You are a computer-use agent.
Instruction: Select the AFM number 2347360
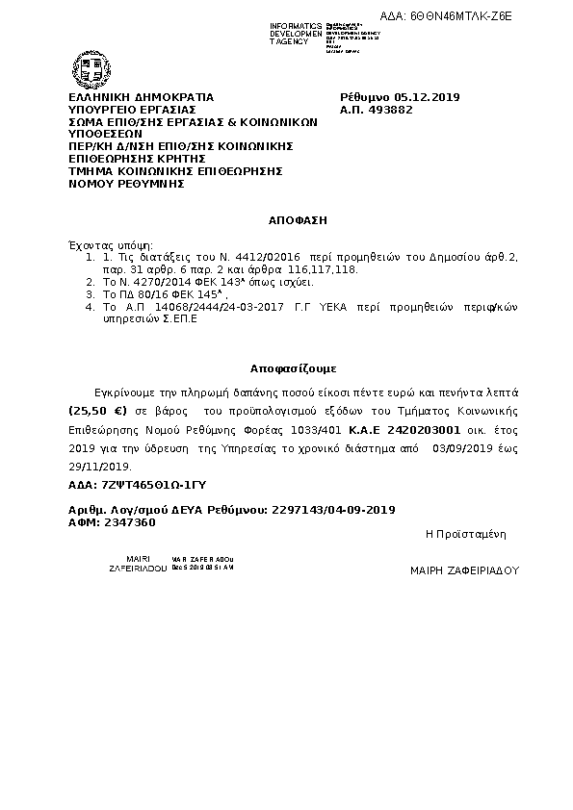tap(128, 521)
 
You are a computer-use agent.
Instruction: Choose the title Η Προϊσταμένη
tap(465, 533)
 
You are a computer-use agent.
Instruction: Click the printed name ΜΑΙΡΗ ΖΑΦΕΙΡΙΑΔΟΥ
tap(464, 570)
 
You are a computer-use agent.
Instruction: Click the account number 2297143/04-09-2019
tap(334, 509)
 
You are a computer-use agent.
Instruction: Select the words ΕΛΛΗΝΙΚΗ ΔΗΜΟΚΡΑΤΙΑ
tap(141, 97)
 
